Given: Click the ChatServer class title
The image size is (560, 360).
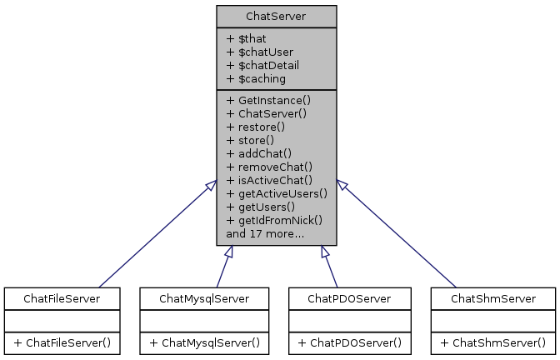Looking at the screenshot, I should [276, 16].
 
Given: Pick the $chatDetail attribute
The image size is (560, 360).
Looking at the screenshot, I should [262, 65].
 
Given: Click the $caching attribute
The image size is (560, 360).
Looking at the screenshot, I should [256, 78].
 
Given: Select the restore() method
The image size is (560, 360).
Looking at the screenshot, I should [255, 127].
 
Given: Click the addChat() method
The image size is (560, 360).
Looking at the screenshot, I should [258, 153].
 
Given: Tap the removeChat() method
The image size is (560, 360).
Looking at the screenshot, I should [266, 167].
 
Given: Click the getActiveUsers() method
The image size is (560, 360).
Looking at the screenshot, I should [276, 193].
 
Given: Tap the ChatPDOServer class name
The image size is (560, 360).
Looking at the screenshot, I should [348, 297].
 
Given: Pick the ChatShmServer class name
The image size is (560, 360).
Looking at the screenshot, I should [492, 297].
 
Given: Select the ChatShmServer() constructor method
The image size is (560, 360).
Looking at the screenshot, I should [492, 342].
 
